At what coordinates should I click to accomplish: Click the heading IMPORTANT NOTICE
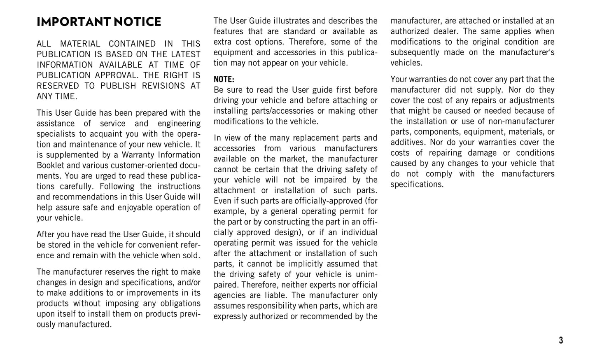click(x=99, y=22)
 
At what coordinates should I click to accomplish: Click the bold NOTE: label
click(x=224, y=79)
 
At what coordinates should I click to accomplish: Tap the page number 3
click(x=560, y=340)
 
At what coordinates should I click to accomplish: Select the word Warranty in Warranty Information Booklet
click(x=138, y=155)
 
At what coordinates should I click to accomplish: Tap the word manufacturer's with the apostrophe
click(x=527, y=53)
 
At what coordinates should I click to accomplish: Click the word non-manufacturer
click(x=521, y=122)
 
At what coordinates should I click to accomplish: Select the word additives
click(x=408, y=143)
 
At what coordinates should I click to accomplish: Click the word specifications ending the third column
click(x=416, y=185)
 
